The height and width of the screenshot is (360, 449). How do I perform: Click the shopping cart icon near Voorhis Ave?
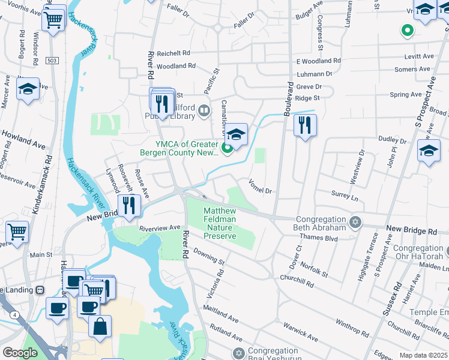[x=53, y=19]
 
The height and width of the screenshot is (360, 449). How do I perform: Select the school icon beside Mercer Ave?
[x=28, y=90]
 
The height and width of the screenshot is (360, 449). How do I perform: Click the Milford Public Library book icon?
[x=204, y=110]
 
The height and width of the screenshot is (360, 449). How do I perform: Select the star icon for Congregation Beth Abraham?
[x=355, y=222]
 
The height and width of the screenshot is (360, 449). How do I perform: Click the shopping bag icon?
[x=100, y=327]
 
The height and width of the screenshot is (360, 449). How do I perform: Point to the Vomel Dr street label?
[x=261, y=186]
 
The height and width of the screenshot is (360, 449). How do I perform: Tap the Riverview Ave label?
[x=160, y=228]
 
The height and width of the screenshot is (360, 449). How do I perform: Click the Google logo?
[x=20, y=353]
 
